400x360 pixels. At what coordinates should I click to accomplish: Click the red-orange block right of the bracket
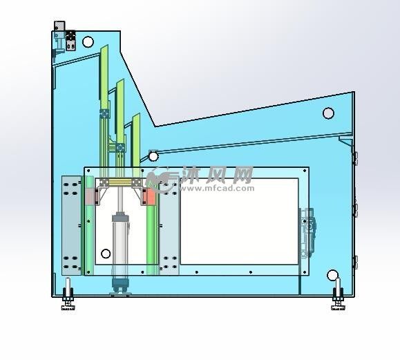click(x=151, y=196)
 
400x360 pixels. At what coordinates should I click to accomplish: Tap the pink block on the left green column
click(x=90, y=196)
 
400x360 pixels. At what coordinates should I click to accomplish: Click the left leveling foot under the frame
click(x=68, y=294)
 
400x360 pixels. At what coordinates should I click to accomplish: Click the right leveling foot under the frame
click(x=338, y=294)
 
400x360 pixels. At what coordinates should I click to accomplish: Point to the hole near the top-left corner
click(x=88, y=42)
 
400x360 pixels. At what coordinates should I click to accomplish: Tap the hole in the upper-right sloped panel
click(x=328, y=113)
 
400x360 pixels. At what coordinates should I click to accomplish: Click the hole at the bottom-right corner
click(x=333, y=275)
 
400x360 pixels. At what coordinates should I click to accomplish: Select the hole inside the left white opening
click(x=106, y=254)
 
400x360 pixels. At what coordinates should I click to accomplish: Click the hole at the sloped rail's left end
click(x=153, y=156)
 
